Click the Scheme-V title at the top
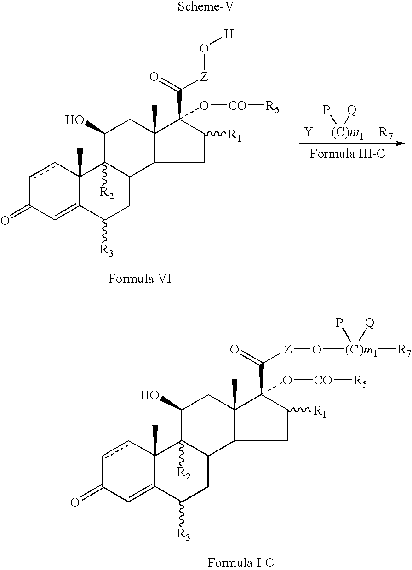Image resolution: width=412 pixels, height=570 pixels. pyautogui.click(x=206, y=6)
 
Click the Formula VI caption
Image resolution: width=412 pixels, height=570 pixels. pyautogui.click(x=140, y=279)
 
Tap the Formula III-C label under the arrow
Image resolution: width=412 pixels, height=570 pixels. pyautogui.click(x=347, y=154)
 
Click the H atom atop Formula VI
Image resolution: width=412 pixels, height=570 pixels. pyautogui.click(x=229, y=34)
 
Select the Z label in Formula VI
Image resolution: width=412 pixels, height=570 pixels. pyautogui.click(x=204, y=76)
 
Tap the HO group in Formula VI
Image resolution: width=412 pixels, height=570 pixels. pyautogui.click(x=74, y=120)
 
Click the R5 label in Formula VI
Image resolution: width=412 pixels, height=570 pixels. pyautogui.click(x=272, y=107)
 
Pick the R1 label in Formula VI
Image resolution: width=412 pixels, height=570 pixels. pyautogui.click(x=235, y=135)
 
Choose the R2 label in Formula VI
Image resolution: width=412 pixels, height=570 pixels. pyautogui.click(x=106, y=193)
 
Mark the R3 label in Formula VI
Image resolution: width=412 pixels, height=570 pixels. pyautogui.click(x=106, y=251)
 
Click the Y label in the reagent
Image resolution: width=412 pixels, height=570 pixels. pyautogui.click(x=309, y=132)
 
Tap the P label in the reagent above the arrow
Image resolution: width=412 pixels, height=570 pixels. pyautogui.click(x=326, y=110)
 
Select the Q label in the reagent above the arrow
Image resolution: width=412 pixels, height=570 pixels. pyautogui.click(x=352, y=110)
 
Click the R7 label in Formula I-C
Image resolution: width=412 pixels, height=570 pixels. pyautogui.click(x=404, y=351)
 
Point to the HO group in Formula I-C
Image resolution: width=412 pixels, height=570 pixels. pyautogui.click(x=149, y=395)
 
